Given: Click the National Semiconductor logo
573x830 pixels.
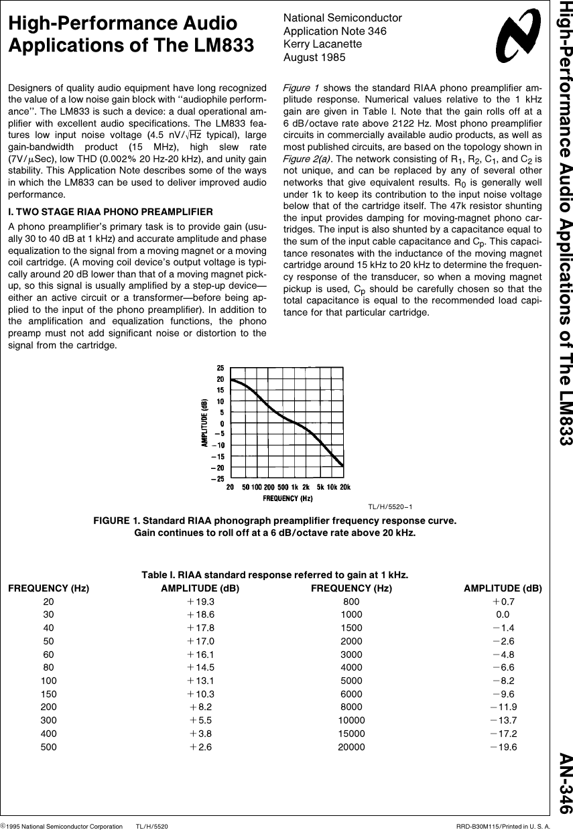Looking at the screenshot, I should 517,39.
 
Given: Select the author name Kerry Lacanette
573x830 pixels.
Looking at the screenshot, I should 322,44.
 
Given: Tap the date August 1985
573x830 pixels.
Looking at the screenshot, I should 314,58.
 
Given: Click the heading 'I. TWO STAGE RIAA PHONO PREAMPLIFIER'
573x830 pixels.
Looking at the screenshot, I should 110,212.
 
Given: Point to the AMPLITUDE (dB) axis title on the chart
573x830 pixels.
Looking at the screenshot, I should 204,423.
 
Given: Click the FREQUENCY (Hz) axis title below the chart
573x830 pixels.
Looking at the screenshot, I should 288,498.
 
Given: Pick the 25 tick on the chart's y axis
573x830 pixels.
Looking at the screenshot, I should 220,368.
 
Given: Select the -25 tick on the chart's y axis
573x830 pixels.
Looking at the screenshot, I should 218,479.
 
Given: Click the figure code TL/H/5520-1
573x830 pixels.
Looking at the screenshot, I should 390,506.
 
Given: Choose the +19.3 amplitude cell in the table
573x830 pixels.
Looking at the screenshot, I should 200,602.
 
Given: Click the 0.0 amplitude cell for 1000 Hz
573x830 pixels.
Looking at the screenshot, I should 503,614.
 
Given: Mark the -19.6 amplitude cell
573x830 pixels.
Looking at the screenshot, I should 503,747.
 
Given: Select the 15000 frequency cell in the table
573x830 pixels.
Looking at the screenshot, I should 351,734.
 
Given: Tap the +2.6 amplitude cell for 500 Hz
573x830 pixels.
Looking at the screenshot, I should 200,747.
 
